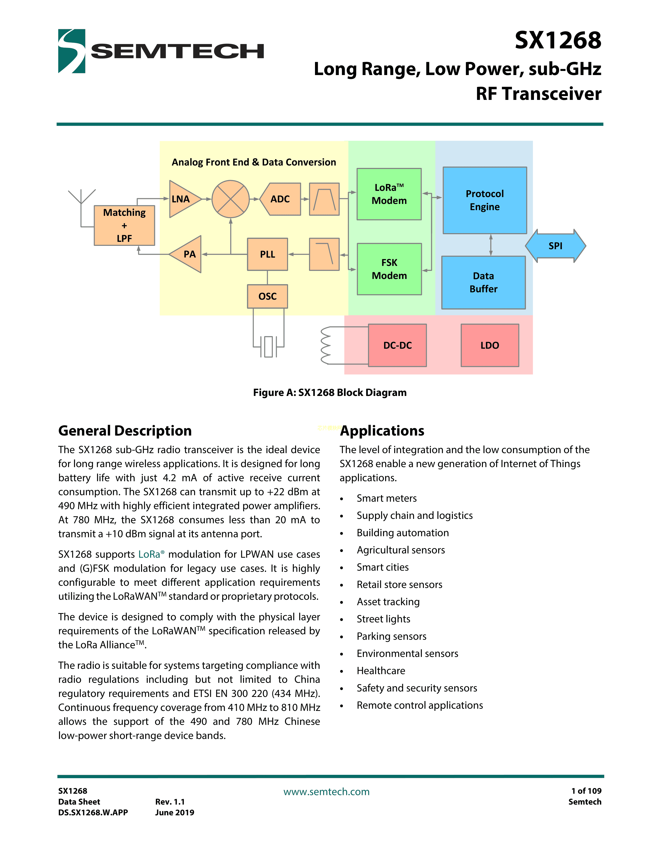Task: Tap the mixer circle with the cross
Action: click(x=231, y=199)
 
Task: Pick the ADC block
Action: click(x=281, y=199)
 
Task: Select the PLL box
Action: click(x=267, y=254)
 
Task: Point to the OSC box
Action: click(x=267, y=296)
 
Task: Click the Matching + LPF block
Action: click(x=124, y=226)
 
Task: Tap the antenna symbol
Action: click(x=81, y=197)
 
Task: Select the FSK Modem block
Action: click(x=389, y=269)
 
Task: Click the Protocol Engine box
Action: click(x=485, y=200)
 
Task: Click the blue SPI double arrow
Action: click(x=555, y=246)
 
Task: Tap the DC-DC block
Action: click(x=397, y=345)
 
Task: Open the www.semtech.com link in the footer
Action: click(x=326, y=792)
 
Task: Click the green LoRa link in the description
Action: click(x=149, y=555)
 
